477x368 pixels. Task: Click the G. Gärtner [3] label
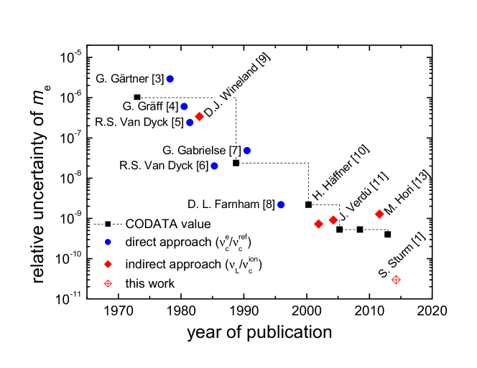click(129, 79)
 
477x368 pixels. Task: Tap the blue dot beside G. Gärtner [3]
click(170, 79)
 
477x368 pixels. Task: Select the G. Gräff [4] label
click(149, 106)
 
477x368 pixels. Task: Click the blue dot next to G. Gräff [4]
click(184, 106)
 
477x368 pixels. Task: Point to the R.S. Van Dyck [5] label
click(139, 123)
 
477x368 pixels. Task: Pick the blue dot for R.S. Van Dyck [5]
click(190, 123)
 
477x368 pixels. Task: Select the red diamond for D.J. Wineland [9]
click(199, 116)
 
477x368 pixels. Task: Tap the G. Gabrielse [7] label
click(201, 151)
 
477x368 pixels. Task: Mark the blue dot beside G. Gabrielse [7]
click(247, 151)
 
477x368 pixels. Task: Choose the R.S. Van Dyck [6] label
click(164, 166)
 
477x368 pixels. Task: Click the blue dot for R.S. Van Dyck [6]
click(214, 166)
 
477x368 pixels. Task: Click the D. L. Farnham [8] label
click(231, 204)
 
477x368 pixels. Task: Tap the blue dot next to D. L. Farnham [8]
click(282, 204)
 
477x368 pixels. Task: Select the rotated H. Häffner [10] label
click(340, 173)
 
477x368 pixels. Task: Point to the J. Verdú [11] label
click(362, 197)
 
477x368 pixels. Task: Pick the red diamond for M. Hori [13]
click(379, 214)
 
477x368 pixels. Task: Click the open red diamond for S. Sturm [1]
click(396, 280)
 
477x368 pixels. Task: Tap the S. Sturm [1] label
click(401, 255)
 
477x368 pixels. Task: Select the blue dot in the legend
click(108, 242)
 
